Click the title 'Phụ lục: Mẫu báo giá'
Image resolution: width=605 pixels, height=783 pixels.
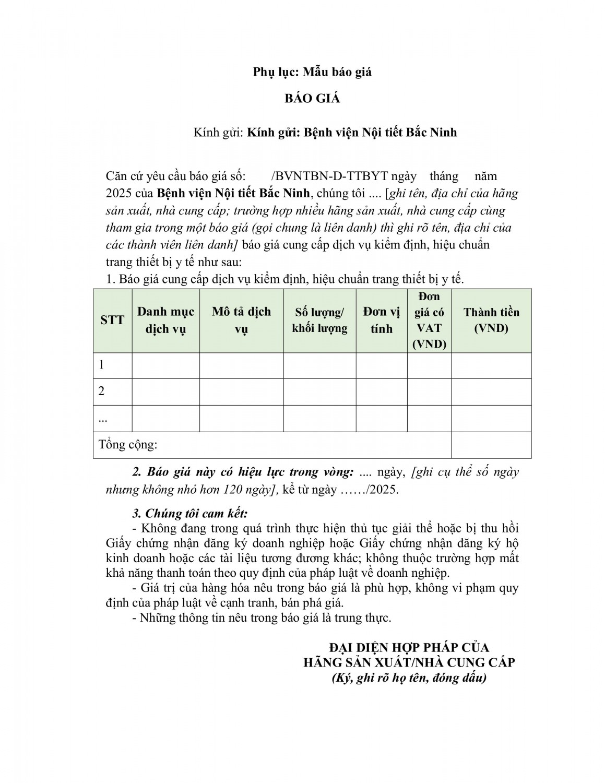click(312, 72)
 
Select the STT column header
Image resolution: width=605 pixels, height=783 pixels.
click(112, 320)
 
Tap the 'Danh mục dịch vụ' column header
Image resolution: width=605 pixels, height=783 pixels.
click(165, 320)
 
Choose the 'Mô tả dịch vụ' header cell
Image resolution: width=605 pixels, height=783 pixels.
click(241, 320)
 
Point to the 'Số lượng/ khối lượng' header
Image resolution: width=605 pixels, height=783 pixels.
click(319, 320)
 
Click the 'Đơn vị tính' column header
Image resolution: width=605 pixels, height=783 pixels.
click(382, 320)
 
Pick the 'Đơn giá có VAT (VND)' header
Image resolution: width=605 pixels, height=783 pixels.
click(429, 320)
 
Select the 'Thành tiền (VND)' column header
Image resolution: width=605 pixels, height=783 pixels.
click(491, 320)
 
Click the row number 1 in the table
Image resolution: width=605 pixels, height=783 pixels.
click(102, 365)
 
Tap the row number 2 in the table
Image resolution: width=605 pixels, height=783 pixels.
click(102, 391)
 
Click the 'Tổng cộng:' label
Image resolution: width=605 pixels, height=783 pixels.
click(128, 445)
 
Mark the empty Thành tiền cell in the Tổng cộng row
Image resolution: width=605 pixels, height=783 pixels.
click(491, 445)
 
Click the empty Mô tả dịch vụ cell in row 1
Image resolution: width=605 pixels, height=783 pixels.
click(241, 365)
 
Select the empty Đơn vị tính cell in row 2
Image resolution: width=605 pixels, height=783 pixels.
click(382, 391)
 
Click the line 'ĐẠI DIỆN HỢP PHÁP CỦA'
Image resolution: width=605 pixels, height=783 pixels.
click(409, 647)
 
